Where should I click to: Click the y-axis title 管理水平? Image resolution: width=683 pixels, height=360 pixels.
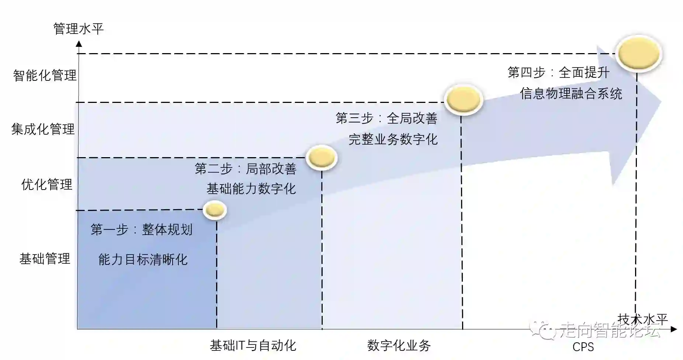(78, 29)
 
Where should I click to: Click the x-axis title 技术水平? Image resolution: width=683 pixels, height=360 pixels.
(642, 319)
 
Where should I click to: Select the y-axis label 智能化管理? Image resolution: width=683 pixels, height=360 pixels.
(45, 76)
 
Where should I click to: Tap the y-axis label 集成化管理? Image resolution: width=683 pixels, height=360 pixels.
(43, 129)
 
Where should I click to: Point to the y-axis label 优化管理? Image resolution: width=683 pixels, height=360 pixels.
(47, 184)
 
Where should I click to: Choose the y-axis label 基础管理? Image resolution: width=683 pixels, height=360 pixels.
(45, 259)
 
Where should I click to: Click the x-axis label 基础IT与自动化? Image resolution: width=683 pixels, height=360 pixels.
(253, 346)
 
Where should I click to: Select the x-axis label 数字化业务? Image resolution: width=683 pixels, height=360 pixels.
(399, 346)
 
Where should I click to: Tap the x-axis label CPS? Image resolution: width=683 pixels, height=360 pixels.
(583, 347)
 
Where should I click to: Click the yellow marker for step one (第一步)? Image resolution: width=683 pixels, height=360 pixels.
(215, 210)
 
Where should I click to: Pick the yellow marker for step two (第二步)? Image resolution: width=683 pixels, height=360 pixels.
(322, 158)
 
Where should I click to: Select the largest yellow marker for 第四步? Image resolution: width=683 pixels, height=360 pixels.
(639, 54)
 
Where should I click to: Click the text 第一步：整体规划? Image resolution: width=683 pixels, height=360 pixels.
(142, 230)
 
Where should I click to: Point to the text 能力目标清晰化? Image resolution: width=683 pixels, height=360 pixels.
(143, 260)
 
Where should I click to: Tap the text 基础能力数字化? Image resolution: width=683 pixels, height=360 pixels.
(251, 189)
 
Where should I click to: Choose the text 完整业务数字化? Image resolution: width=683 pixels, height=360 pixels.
(393, 139)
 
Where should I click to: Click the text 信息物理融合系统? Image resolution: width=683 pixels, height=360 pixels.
(571, 94)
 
